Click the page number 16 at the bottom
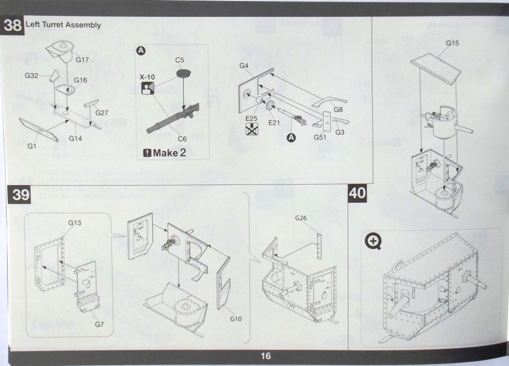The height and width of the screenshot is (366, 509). click(266, 356)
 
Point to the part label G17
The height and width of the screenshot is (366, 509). click(82, 60)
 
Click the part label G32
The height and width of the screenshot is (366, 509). click(31, 76)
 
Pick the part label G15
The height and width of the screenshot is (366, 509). click(452, 43)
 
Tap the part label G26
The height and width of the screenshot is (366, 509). click(301, 218)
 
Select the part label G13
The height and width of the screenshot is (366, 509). click(75, 223)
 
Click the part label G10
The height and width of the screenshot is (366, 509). click(236, 318)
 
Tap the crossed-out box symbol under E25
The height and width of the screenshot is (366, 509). click(252, 130)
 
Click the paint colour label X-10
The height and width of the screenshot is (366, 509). click(147, 77)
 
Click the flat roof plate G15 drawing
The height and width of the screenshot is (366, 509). click(435, 68)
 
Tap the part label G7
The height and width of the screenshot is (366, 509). click(99, 325)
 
